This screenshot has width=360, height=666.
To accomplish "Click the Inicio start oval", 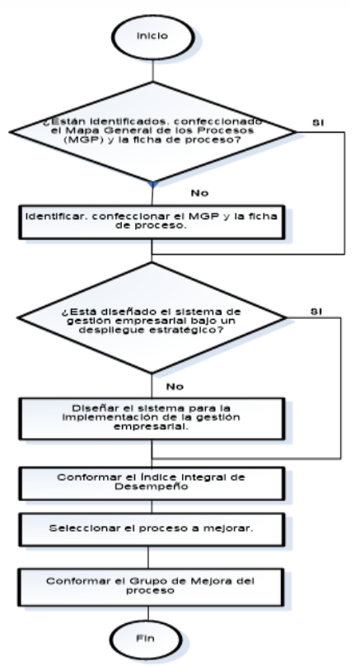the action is [153, 37].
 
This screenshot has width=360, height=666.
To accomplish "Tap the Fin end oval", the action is [146, 640].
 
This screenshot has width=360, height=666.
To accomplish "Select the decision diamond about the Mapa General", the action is [153, 132].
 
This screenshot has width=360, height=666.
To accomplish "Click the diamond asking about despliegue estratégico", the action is [152, 317].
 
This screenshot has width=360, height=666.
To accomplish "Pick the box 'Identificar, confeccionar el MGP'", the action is [152, 222].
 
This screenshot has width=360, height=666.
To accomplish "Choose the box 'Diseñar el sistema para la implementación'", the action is [152, 419].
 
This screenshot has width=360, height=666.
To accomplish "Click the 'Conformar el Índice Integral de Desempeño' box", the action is [152, 483].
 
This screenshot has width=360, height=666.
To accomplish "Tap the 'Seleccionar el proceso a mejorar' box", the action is [152, 529].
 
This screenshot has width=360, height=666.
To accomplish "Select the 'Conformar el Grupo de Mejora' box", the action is [151, 587].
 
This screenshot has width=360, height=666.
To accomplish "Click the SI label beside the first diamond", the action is [318, 123].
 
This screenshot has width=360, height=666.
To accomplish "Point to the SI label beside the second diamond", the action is [316, 312].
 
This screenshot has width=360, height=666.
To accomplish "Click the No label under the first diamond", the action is [199, 193].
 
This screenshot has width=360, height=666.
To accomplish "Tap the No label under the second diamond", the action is [175, 387].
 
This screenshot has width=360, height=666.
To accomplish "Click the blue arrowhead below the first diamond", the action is [153, 185].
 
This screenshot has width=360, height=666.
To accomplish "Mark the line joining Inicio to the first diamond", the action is [153, 71].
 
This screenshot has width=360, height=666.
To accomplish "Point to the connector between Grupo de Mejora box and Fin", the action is [148, 613].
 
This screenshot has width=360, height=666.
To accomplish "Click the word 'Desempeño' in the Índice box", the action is [151, 486].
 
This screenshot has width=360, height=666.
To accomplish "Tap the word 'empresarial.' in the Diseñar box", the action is [151, 426].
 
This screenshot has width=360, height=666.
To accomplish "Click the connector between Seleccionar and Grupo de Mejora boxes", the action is [148, 557].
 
